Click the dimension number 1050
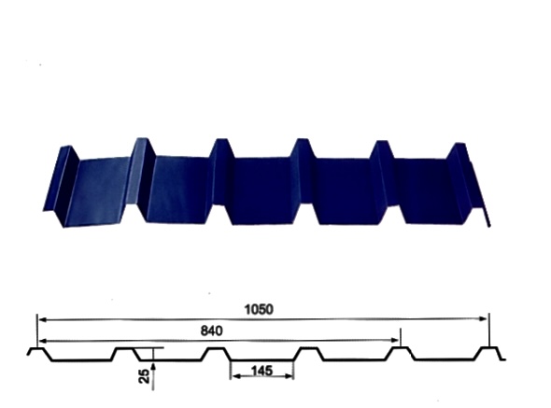click(x=259, y=309)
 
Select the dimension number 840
click(x=212, y=331)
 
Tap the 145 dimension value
click(x=261, y=371)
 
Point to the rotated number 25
click(x=144, y=375)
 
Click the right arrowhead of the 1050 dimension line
click(x=484, y=318)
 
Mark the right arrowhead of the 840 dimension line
click(x=395, y=340)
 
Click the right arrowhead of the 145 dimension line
click(x=289, y=376)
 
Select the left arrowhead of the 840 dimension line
click(x=42, y=341)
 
